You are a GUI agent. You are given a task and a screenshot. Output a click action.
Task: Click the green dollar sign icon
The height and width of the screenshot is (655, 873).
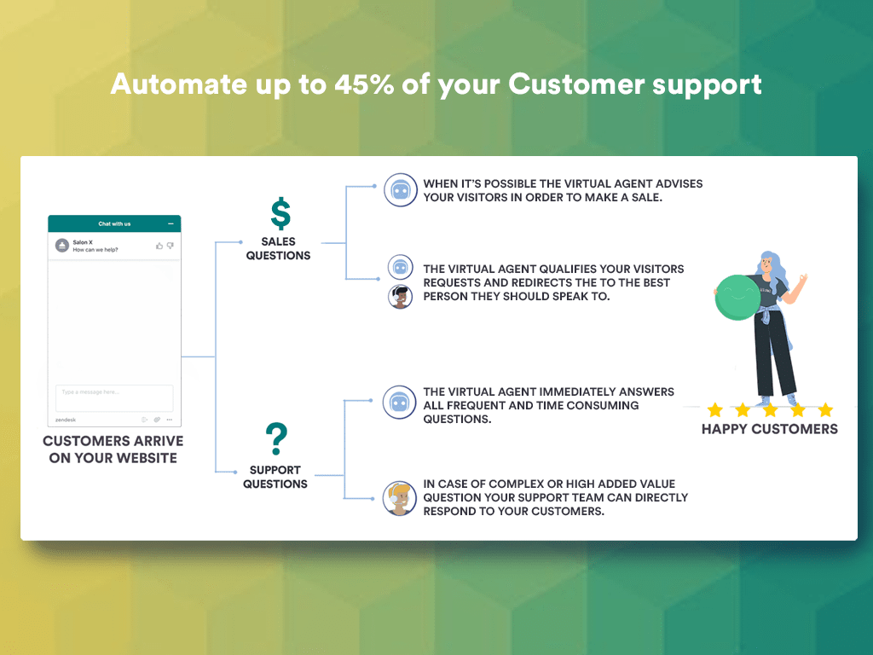280,213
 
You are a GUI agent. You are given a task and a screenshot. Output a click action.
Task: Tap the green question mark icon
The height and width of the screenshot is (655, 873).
276,439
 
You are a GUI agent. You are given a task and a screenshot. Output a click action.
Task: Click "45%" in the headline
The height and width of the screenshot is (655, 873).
364,84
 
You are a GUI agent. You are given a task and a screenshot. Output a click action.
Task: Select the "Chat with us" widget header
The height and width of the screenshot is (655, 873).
114,223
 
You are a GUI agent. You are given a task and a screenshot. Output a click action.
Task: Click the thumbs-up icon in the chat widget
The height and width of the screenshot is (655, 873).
159,246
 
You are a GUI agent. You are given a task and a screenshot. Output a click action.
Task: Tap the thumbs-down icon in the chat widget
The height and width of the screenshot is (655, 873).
171,246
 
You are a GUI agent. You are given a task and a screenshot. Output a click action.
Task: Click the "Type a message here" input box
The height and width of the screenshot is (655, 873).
114,397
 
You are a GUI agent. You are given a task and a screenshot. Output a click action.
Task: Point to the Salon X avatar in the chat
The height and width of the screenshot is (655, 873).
62,245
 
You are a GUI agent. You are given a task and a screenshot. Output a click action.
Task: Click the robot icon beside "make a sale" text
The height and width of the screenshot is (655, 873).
401,190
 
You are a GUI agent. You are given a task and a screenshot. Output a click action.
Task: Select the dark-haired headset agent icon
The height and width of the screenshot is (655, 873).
400,296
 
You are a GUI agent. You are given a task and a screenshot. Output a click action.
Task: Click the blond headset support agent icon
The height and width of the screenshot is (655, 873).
399,498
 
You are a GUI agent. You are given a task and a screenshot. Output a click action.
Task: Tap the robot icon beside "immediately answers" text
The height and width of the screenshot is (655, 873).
399,403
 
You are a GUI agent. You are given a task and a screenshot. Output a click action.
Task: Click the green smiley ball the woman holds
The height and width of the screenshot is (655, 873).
737,298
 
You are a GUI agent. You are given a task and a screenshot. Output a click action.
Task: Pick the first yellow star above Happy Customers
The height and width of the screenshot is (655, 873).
715,410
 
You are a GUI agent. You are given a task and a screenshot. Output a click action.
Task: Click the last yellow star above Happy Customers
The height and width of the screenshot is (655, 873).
825,410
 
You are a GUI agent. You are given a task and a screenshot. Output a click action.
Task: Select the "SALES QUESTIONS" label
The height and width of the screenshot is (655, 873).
279,248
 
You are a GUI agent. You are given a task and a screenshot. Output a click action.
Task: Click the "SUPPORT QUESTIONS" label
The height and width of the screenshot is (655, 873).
275,477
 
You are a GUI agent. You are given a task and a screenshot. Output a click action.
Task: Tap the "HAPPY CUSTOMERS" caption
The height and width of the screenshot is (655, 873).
770,429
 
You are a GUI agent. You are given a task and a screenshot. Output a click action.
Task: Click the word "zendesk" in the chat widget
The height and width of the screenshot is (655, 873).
66,420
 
